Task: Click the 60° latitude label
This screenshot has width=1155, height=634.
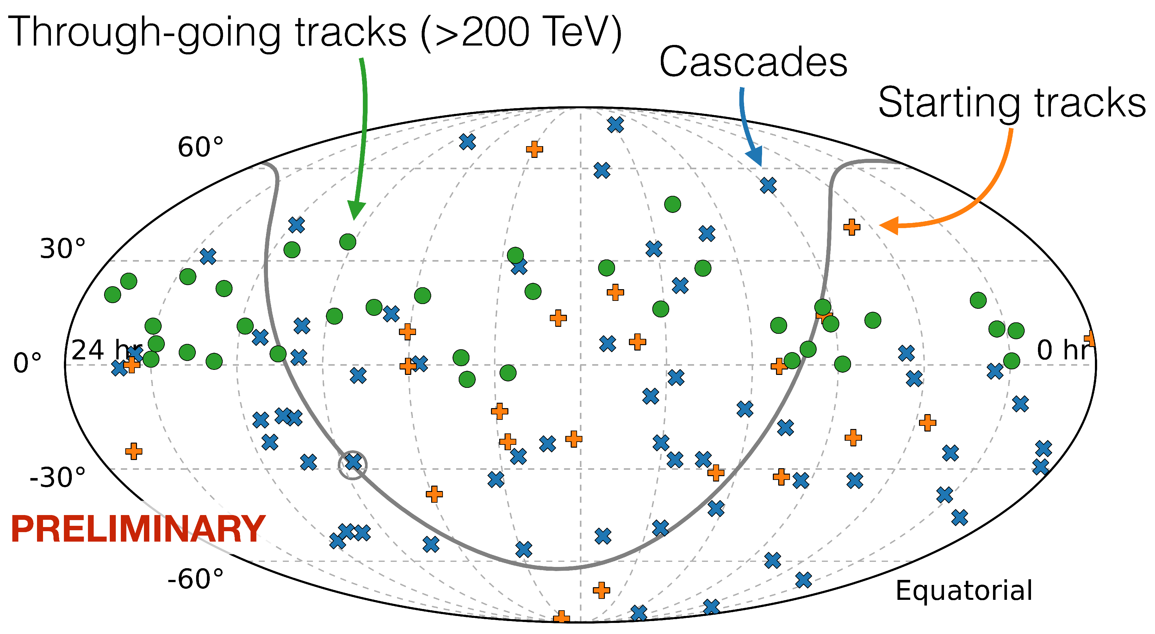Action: click(x=200, y=147)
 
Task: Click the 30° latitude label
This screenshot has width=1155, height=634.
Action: click(x=62, y=249)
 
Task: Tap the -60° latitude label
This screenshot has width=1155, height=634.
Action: click(x=195, y=579)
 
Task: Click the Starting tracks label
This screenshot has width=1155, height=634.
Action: click(x=1011, y=103)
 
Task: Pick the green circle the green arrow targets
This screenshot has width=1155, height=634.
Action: click(x=347, y=242)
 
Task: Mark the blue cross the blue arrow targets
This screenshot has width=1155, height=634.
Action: click(x=768, y=185)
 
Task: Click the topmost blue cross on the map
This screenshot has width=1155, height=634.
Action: click(x=615, y=125)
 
